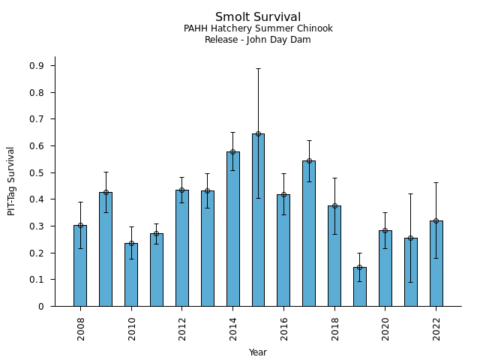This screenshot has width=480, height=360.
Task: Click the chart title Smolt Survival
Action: (258, 17)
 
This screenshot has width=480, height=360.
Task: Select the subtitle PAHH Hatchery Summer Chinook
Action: (258, 28)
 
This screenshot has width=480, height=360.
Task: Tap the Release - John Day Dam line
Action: (258, 40)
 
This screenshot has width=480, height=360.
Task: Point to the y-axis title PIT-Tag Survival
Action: (11, 181)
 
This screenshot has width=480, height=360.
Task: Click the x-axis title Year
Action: (258, 352)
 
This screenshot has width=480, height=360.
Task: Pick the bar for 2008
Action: (80, 266)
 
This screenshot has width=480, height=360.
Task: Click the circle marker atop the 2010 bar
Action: (131, 243)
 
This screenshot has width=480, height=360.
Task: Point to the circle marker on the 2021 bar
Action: (410, 238)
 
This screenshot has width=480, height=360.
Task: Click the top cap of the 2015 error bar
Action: (258, 68)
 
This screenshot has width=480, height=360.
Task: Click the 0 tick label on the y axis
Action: (41, 307)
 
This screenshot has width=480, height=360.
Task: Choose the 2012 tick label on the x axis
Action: (182, 328)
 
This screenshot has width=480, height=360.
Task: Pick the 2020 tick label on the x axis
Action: (385, 328)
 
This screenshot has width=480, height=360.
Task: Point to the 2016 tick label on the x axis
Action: (283, 328)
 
